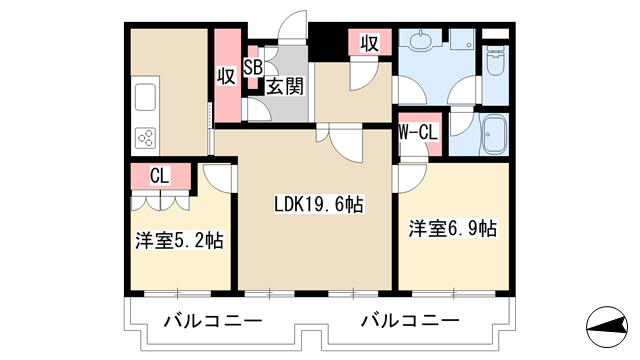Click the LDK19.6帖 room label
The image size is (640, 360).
tap(319, 204)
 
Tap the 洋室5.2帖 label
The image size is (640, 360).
tap(180, 240)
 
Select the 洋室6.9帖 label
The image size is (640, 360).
tap(453, 229)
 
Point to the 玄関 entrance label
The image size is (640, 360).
tap(285, 86)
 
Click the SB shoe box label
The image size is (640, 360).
tap(253, 67)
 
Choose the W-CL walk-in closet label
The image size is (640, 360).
tap(418, 132)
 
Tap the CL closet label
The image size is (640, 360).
tap(160, 176)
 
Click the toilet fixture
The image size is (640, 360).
tap(495, 62)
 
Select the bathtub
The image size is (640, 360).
tap(494, 134)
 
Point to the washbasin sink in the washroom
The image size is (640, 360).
tap(420, 40)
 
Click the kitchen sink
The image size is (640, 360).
tap(145, 97)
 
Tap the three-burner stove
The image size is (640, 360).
tap(146, 137)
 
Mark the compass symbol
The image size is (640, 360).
tap(607, 327)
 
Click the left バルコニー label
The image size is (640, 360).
tap(213, 321)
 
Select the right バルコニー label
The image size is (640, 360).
tap(410, 321)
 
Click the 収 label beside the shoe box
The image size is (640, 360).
tap(226, 76)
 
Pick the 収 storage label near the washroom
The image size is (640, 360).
tap(369, 43)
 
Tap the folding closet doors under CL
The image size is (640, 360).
tap(160, 200)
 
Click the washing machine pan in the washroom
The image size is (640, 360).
tap(462, 39)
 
